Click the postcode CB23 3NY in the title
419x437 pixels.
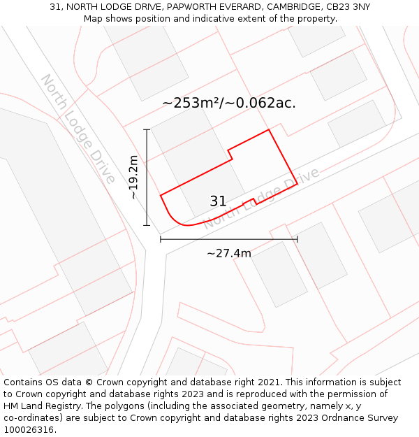click(347, 7)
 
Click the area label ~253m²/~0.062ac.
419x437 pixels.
click(229, 103)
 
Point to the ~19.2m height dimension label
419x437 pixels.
click(133, 178)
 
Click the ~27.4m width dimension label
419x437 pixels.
click(228, 253)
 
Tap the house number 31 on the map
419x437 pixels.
click(218, 201)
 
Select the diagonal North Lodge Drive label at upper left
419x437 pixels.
click(78, 129)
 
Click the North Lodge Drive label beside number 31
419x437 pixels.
click(261, 199)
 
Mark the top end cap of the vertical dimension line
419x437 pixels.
click(147, 129)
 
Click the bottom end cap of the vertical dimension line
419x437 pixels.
click(147, 225)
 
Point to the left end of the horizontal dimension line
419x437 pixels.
click(161, 239)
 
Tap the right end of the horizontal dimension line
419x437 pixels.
click(297, 239)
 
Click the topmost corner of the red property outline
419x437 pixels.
click(269, 129)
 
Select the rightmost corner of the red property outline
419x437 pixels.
click(297, 184)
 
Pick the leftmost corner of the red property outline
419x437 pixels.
click(161, 195)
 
